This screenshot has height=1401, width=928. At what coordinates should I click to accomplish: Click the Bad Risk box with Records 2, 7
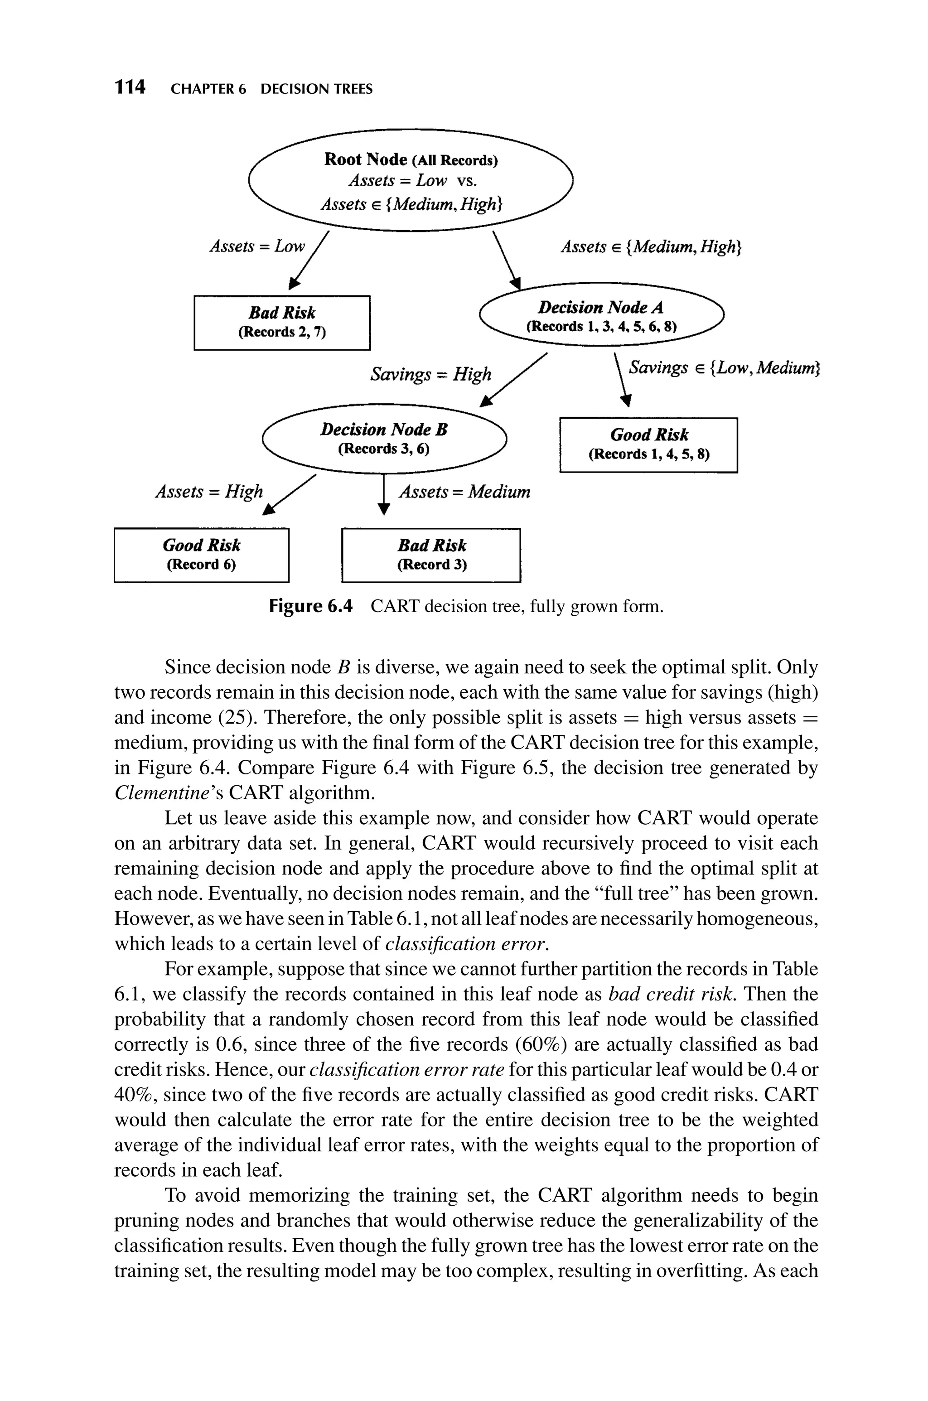tap(282, 323)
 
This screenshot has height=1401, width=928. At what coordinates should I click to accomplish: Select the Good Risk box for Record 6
tap(201, 555)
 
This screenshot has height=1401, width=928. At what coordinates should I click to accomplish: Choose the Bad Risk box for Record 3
tap(431, 555)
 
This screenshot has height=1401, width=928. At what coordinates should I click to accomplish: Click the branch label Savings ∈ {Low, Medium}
tap(723, 368)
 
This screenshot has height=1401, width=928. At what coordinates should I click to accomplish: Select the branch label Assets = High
tap(209, 492)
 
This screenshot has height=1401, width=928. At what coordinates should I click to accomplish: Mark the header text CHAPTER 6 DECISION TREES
tap(272, 89)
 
